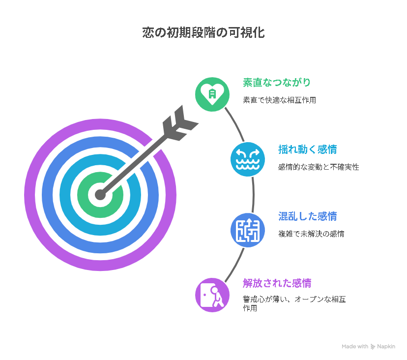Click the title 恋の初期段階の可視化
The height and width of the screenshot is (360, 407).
point(203,33)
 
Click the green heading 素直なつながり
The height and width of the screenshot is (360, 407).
point(277,82)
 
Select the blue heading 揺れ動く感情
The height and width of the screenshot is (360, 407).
point(308,150)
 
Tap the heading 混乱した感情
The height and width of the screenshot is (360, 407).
point(308,216)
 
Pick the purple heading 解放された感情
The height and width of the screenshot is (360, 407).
point(277,283)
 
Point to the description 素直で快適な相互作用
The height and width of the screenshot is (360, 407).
point(280,100)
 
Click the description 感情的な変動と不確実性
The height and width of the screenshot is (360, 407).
point(319,167)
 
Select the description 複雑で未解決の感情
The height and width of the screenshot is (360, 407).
point(311,234)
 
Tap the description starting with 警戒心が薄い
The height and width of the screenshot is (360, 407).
point(294,303)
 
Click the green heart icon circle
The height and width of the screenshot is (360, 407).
point(212,94)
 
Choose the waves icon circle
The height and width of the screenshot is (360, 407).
point(248,159)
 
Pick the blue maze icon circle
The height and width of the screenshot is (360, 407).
point(248,230)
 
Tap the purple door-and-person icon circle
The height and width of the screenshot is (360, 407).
point(212,295)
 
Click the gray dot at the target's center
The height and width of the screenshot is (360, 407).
point(100,195)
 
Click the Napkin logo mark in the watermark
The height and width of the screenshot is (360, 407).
point(373,347)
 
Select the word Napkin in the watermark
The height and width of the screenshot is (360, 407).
point(386,347)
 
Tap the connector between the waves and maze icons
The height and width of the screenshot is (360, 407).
point(253,195)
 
